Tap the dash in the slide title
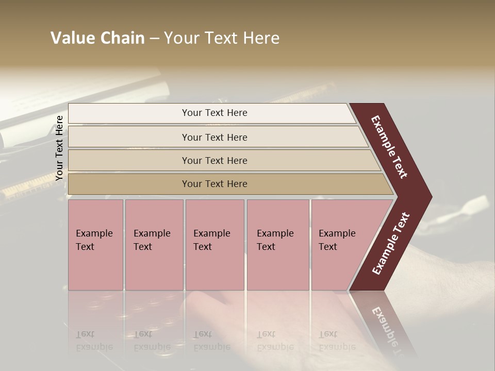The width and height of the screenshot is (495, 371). (154, 39)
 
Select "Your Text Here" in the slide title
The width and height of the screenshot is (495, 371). (222, 38)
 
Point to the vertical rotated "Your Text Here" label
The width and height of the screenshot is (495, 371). (59, 148)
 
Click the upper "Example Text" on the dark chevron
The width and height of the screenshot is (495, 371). (389, 147)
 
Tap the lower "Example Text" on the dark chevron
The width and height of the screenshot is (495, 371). (391, 244)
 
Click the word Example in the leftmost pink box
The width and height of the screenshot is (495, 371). (94, 233)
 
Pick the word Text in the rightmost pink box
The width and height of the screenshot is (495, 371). (328, 247)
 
